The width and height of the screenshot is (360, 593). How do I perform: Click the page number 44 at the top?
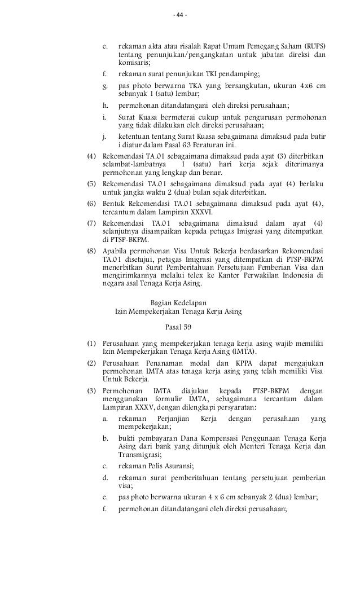point(180,15)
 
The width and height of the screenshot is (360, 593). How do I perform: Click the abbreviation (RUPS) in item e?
point(313,46)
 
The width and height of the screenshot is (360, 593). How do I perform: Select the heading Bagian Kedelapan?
point(178,302)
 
